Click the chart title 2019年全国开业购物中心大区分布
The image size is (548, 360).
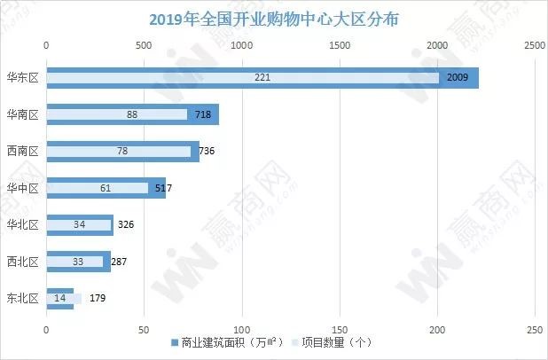point(274,19)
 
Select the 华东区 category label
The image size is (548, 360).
point(21,78)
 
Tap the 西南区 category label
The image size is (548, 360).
point(21,152)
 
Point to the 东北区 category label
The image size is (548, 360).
point(21,299)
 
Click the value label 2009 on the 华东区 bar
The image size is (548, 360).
point(458,78)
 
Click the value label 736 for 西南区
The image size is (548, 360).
point(207,152)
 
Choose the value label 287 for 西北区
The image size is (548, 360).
point(120,262)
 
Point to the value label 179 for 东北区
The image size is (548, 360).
point(98,299)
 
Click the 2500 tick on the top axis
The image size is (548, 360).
point(534,44)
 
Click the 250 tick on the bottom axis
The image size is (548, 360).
point(534,330)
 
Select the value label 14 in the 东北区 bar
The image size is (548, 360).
point(60,299)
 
